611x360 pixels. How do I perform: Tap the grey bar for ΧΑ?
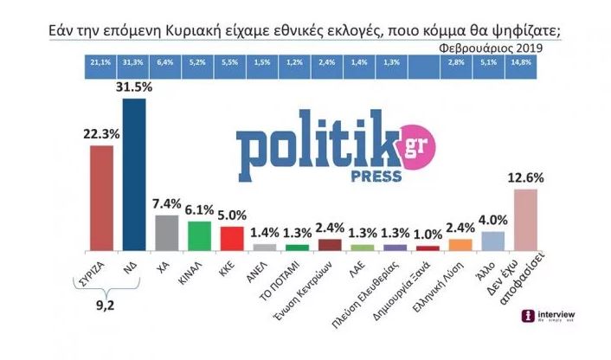[x=166, y=231]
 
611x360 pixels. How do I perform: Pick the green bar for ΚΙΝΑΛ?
[x=199, y=235]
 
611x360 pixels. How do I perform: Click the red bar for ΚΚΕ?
[x=231, y=237]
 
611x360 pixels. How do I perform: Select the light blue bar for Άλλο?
[x=492, y=240]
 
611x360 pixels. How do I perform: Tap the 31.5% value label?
[x=134, y=87]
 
